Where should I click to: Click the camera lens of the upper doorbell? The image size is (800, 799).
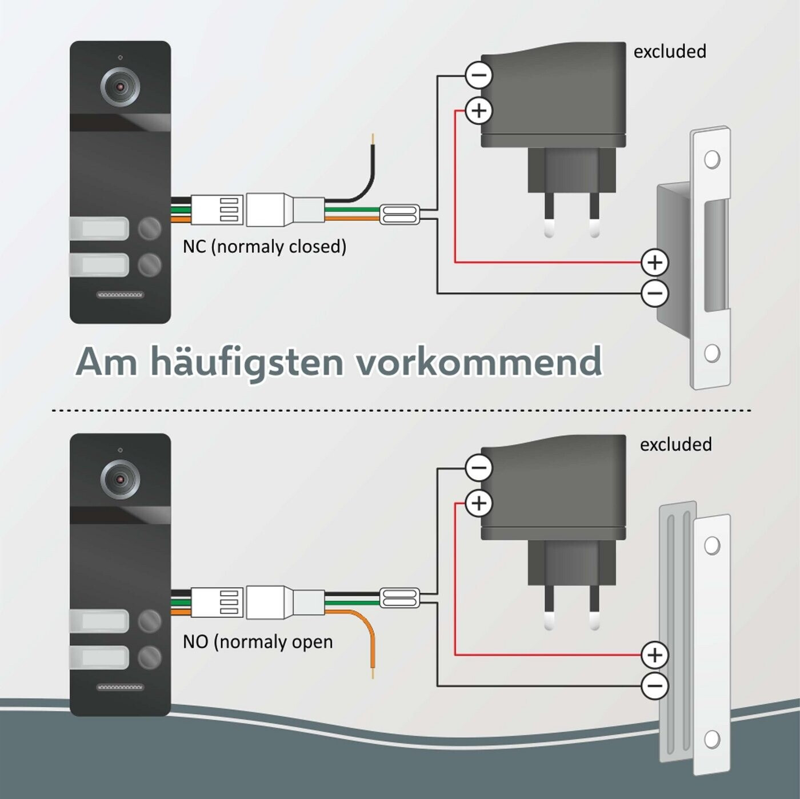tap(120, 86)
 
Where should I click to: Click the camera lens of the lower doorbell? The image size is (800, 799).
tap(120, 479)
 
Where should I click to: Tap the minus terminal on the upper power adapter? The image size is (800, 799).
tap(479, 75)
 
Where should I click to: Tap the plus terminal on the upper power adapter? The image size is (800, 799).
tap(479, 110)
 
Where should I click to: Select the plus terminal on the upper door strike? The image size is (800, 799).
tap(655, 262)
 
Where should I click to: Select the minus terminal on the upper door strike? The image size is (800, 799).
tap(655, 294)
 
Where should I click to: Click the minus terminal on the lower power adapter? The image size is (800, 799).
tap(479, 468)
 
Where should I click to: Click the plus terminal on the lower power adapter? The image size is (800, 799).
tap(479, 503)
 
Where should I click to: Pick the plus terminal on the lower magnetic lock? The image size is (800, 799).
tap(655, 655)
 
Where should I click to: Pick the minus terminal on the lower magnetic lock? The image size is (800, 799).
tap(655, 686)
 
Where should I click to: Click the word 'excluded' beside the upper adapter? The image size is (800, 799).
tap(670, 51)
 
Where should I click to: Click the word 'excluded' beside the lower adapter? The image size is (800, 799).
tap(675, 444)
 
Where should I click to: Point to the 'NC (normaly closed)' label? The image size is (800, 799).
tap(265, 246)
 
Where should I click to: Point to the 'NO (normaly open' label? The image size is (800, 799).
tap(258, 641)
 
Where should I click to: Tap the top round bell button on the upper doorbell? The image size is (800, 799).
tap(150, 228)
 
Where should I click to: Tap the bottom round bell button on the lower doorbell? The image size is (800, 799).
tap(150, 657)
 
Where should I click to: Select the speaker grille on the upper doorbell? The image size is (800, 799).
tap(120, 295)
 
